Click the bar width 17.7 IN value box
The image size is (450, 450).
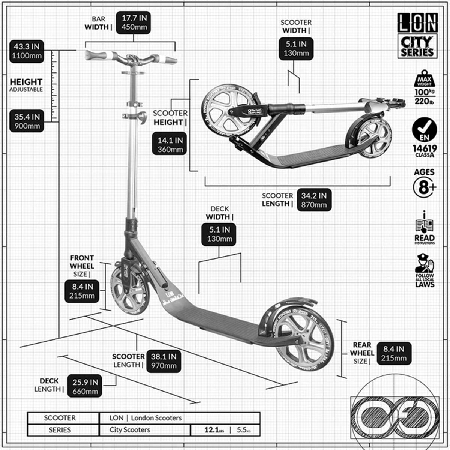(x=133, y=22)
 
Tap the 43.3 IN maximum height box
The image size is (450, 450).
(x=27, y=51)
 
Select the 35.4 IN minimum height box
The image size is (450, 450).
(x=27, y=121)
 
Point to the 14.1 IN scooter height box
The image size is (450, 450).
(x=169, y=144)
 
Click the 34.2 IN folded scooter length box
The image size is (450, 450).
(x=314, y=200)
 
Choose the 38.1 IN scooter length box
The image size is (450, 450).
(x=163, y=361)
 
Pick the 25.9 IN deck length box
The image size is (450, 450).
(x=85, y=387)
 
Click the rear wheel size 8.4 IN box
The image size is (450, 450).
(x=394, y=353)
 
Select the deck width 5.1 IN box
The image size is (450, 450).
(x=219, y=234)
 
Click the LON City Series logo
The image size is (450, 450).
(x=417, y=36)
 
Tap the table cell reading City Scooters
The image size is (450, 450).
(x=130, y=430)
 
